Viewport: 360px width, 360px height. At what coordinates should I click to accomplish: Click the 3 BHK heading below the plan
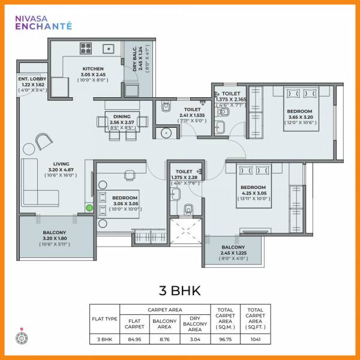[x=179, y=292]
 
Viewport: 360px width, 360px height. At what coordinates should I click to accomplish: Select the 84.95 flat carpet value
[x=134, y=339]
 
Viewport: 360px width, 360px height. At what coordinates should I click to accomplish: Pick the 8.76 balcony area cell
[x=165, y=339]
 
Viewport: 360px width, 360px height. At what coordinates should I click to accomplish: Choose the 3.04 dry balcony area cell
[x=194, y=339]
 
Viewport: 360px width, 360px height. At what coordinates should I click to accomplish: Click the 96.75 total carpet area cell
[x=225, y=339]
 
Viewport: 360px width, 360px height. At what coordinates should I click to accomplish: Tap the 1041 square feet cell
[x=256, y=339]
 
